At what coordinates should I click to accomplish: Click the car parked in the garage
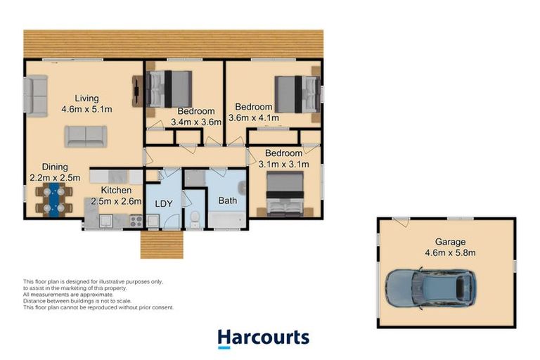430,288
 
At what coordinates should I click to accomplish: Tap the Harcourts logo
263,337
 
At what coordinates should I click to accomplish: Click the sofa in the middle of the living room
86,136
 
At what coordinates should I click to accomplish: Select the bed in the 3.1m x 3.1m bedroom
283,194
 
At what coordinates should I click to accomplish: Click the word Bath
228,200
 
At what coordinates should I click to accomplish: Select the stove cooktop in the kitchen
136,220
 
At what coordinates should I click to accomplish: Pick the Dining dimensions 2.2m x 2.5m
55,177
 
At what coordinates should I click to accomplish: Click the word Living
87,98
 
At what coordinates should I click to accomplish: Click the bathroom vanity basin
240,187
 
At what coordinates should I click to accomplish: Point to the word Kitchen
116,190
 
